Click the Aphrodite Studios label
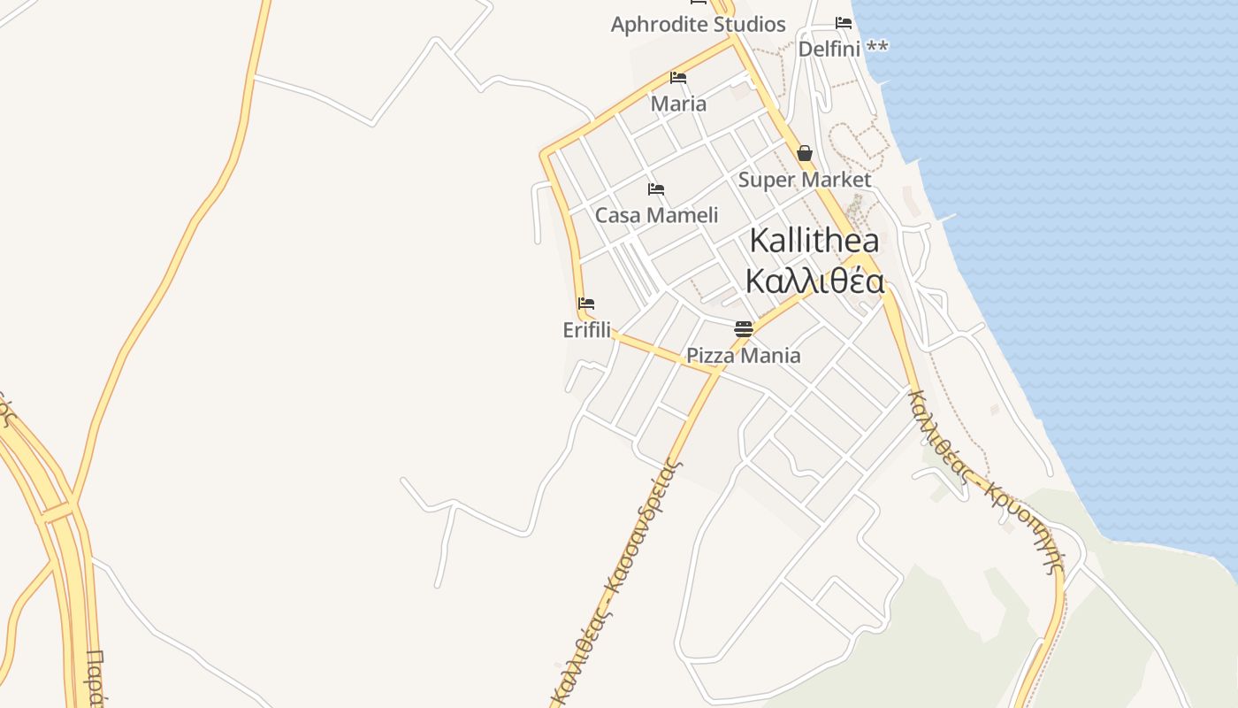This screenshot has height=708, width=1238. (698, 25)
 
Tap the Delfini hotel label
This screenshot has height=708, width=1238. (829, 49)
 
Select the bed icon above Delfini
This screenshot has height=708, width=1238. (844, 23)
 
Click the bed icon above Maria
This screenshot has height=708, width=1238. (678, 78)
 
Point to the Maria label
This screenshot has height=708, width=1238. (678, 104)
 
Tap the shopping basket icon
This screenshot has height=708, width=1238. (805, 153)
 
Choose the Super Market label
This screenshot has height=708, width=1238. (805, 180)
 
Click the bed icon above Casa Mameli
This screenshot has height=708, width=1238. (655, 189)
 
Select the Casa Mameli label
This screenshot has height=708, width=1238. (656, 215)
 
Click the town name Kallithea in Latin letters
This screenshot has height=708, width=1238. (814, 241)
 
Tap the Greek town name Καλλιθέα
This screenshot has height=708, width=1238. (814, 281)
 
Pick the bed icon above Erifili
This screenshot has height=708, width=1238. (585, 304)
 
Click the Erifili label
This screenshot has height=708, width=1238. (586, 330)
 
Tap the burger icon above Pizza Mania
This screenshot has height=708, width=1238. (743, 329)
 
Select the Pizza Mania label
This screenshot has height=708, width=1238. (744, 356)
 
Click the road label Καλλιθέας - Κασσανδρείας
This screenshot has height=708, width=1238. (615, 580)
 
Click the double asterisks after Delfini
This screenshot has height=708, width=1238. (877, 48)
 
